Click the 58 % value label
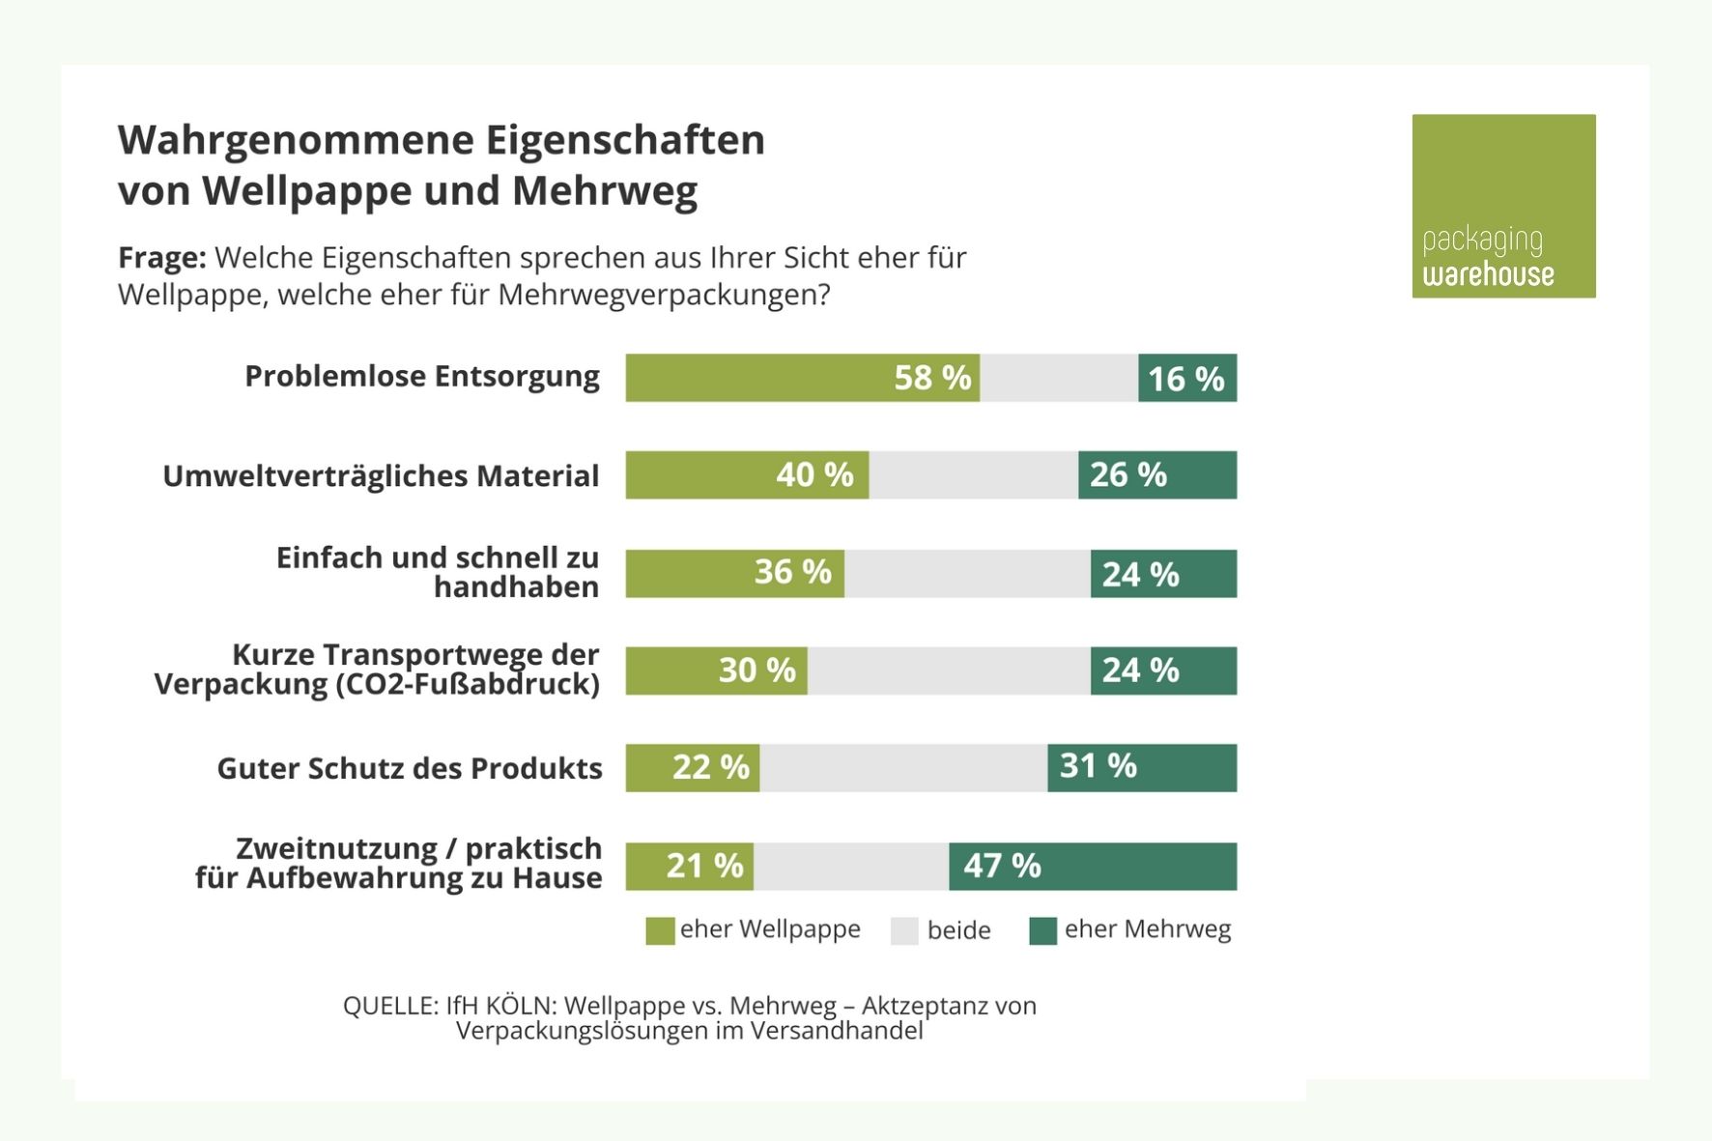pos(931,378)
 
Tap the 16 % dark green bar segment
pos(1186,378)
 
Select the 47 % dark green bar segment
pos(1092,866)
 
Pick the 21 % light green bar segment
pos(689,866)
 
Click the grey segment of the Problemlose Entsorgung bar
pos(1058,378)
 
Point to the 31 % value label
pos(1098,766)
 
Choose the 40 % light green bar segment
pos(746,475)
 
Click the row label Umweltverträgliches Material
pos(381,476)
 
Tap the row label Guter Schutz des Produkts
pos(409,768)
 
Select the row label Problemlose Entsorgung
pos(421,376)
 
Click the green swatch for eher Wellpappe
pos(660,931)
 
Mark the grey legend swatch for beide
pos(904,931)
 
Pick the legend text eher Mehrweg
pos(1147,929)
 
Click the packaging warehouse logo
pos(1502,206)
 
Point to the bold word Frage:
pos(161,258)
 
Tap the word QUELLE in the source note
pos(390,1006)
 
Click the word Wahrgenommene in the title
pos(295,140)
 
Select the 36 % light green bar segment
pos(734,574)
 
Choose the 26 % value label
pos(1127,475)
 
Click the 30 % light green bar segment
pos(716,670)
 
